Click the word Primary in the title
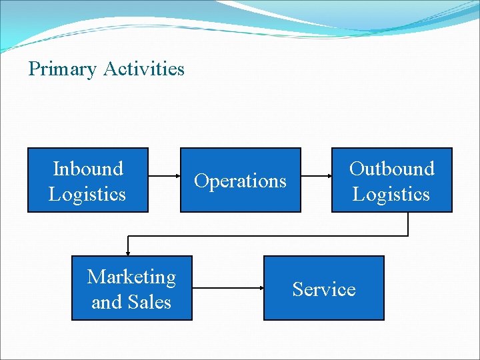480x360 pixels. [63, 69]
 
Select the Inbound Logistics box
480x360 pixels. [87, 180]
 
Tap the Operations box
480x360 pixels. [240, 180]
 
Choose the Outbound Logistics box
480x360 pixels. [391, 180]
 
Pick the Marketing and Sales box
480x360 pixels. [131, 288]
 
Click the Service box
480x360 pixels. [324, 288]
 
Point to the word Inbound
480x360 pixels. [87, 169]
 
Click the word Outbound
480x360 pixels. [391, 169]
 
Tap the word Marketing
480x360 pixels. [131, 277]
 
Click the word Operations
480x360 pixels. [240, 181]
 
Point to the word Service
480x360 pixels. [324, 289]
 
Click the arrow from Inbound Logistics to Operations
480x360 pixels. [164, 177]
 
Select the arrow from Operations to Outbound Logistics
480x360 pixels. [316, 177]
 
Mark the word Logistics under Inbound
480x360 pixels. [87, 195]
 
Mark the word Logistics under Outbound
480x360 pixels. [391, 195]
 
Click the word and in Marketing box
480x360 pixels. [105, 303]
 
